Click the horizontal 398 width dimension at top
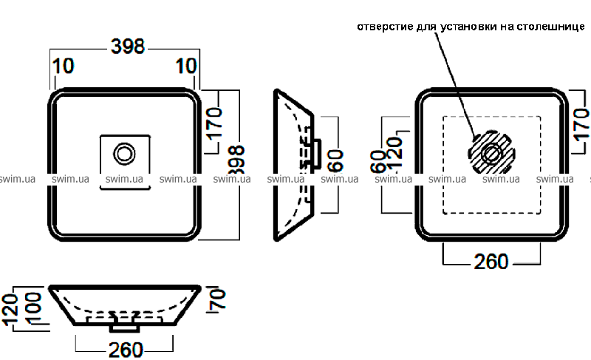coord(126,47)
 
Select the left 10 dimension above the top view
coord(64,67)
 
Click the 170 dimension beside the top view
coord(215,123)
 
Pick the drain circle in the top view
coord(124,154)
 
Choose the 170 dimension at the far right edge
coord(581,123)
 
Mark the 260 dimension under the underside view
coord(491,262)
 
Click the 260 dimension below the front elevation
coord(125,348)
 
